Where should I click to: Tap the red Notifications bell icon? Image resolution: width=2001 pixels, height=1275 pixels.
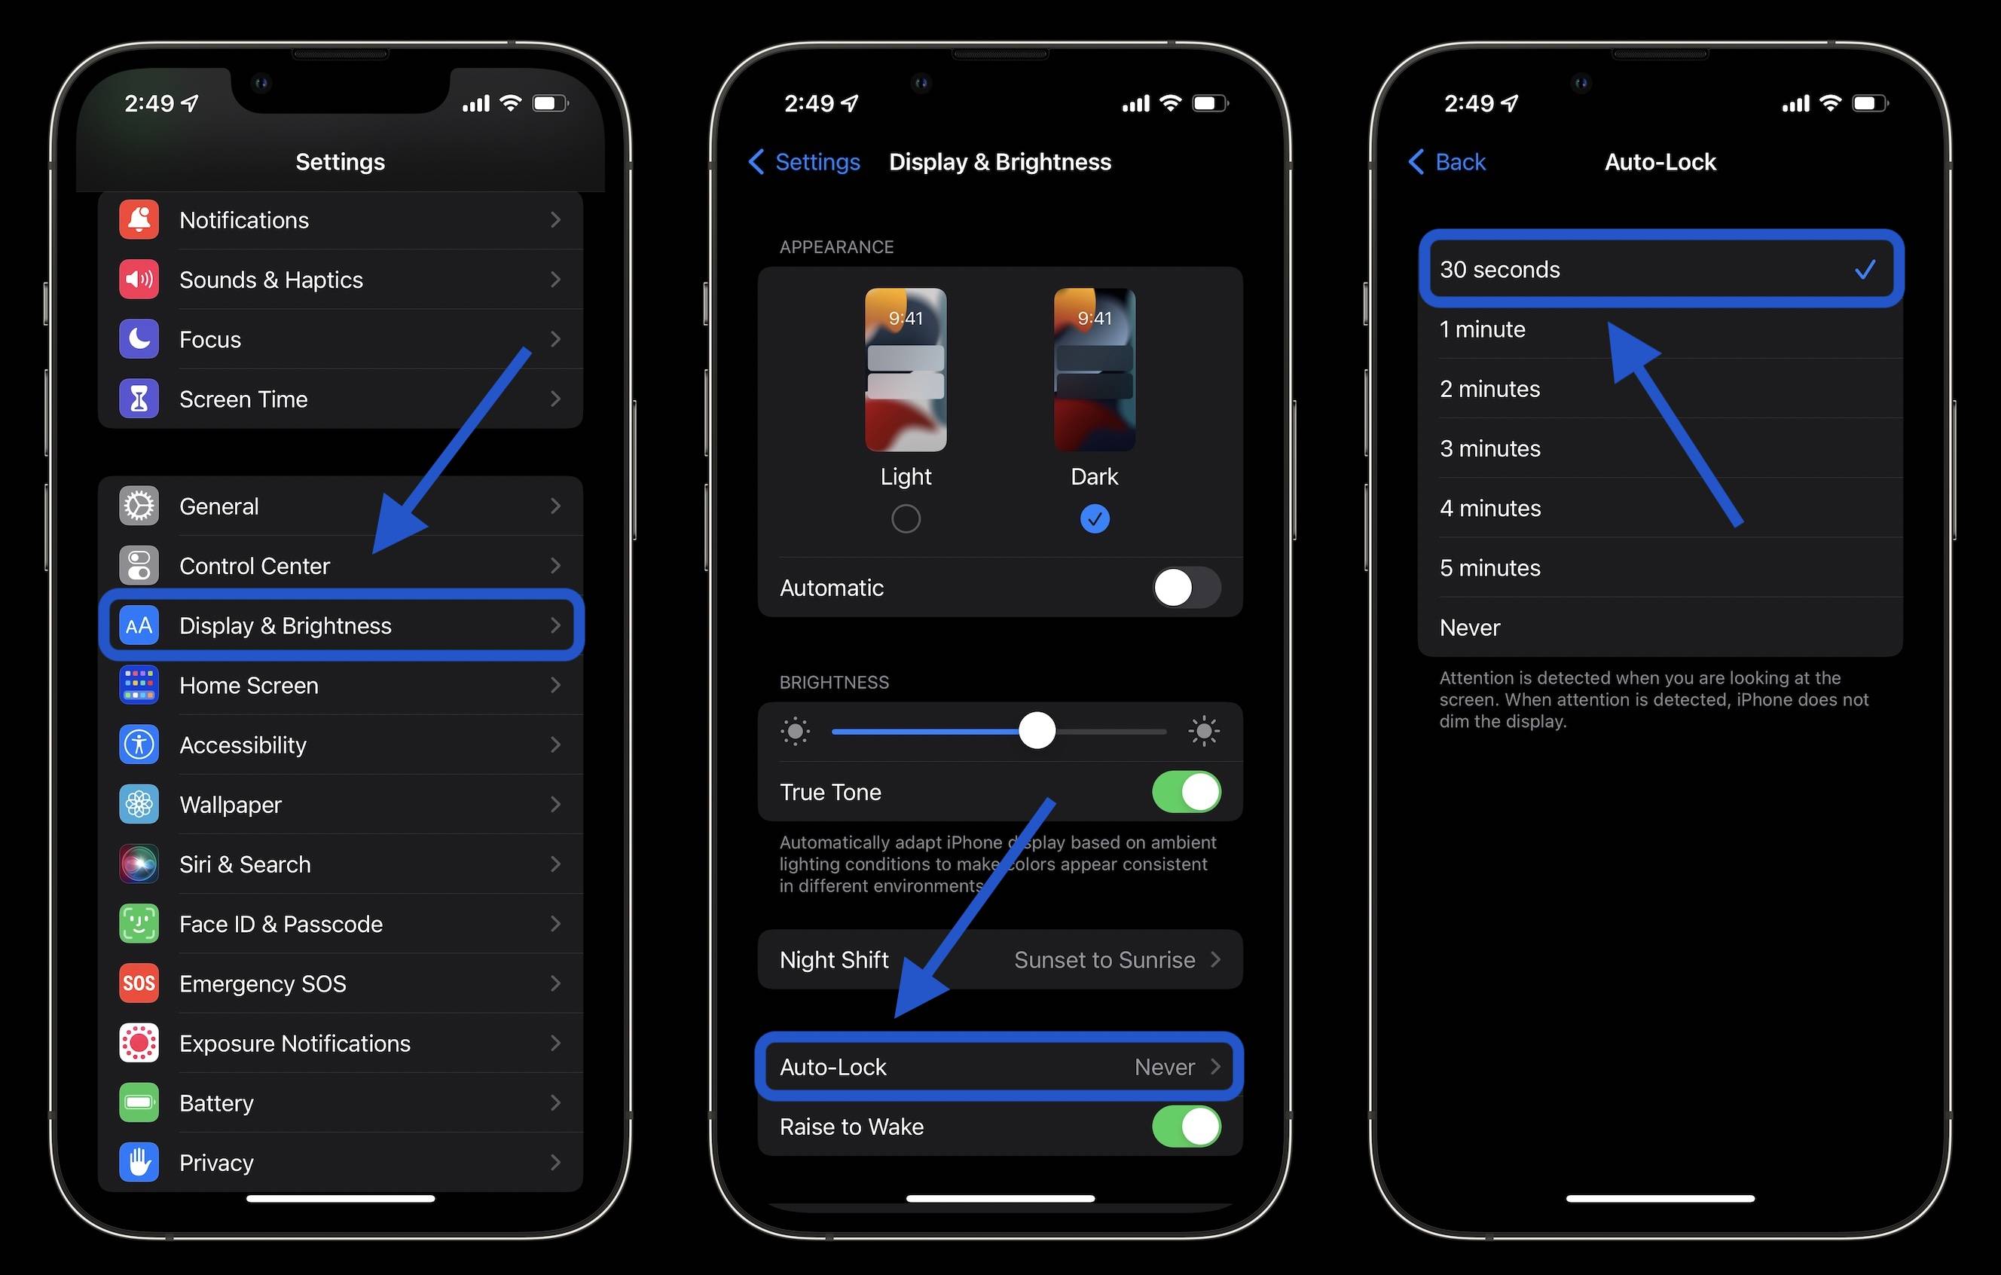point(139,220)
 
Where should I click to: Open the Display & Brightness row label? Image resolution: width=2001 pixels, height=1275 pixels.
point(285,626)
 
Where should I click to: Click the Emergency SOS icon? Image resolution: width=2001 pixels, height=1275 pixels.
point(139,983)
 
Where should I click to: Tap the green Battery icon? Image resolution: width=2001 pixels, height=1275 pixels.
point(139,1103)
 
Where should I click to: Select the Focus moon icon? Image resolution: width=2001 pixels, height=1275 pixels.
point(139,339)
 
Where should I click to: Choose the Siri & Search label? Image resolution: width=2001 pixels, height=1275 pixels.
point(245,864)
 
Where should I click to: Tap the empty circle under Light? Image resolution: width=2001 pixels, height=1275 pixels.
point(906,519)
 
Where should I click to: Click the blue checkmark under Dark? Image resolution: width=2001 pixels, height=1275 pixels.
point(1095,519)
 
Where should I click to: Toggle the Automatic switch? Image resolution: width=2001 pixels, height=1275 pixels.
point(1186,588)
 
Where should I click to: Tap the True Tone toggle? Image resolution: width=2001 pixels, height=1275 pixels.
point(1186,792)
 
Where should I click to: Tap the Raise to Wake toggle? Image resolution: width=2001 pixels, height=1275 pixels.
point(1186,1127)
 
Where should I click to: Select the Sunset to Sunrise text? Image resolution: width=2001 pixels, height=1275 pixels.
point(1104,960)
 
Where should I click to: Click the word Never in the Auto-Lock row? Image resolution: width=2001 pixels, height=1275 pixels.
point(1164,1067)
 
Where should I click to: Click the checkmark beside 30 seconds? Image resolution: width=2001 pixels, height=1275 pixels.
point(1865,269)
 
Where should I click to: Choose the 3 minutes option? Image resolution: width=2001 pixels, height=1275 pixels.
point(1490,449)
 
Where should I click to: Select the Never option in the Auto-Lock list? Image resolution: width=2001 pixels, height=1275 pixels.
point(1470,628)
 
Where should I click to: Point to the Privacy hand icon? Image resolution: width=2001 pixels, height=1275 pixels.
point(139,1162)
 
